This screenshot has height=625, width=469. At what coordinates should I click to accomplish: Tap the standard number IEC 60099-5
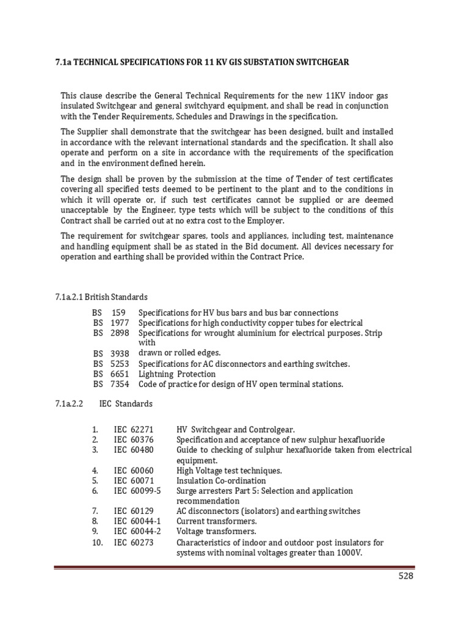tap(137, 491)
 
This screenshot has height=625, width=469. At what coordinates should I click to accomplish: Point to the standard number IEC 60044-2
tap(137, 532)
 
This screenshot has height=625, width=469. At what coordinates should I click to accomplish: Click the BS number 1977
tap(120, 323)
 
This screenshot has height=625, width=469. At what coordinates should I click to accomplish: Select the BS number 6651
tap(120, 374)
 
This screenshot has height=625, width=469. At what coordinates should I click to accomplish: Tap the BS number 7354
tap(120, 385)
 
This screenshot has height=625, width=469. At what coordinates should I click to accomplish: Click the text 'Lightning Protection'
tap(177, 374)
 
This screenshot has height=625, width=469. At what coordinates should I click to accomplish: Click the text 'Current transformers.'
tap(216, 521)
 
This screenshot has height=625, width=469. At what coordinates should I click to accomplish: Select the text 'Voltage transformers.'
tap(216, 532)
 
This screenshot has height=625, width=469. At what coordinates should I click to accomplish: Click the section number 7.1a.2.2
tap(68, 403)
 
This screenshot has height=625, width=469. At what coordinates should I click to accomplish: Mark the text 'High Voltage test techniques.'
tap(229, 470)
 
